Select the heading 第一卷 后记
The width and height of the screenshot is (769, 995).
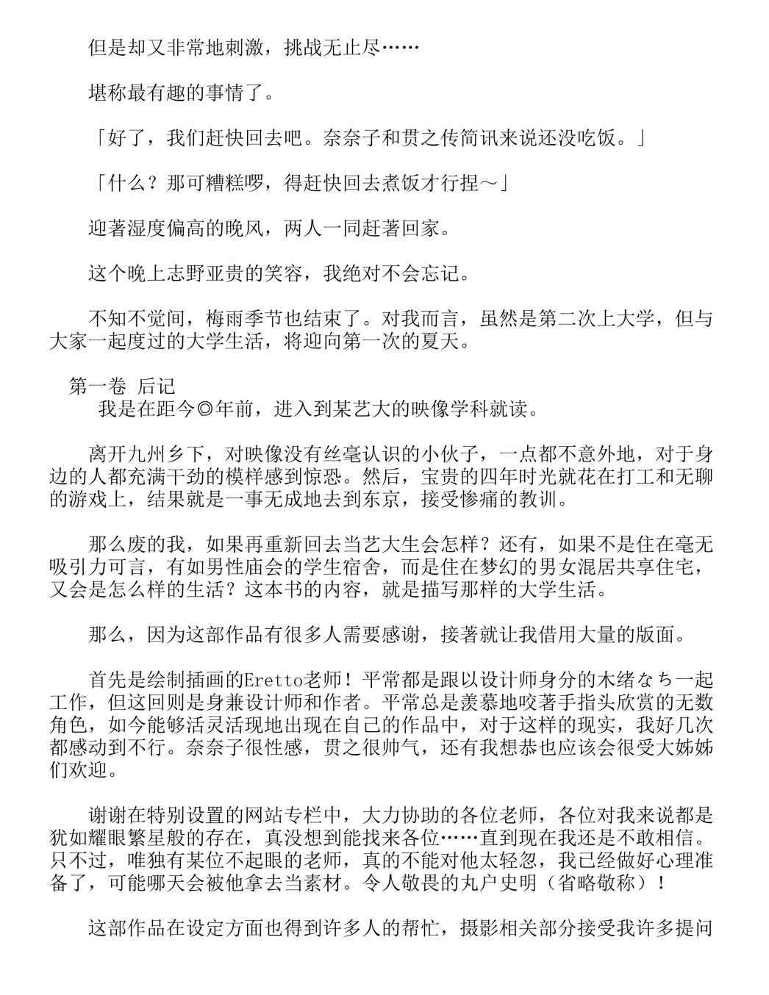point(121,386)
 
